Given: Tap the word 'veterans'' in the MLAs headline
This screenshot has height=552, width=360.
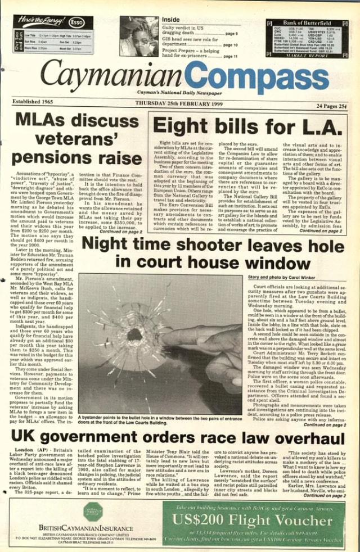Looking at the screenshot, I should [77, 137].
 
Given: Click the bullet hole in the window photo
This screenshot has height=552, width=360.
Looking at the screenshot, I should [135, 335].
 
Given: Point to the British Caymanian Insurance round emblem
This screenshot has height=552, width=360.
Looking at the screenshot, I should [92, 512].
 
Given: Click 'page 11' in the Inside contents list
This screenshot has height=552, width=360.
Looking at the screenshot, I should [231, 56].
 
